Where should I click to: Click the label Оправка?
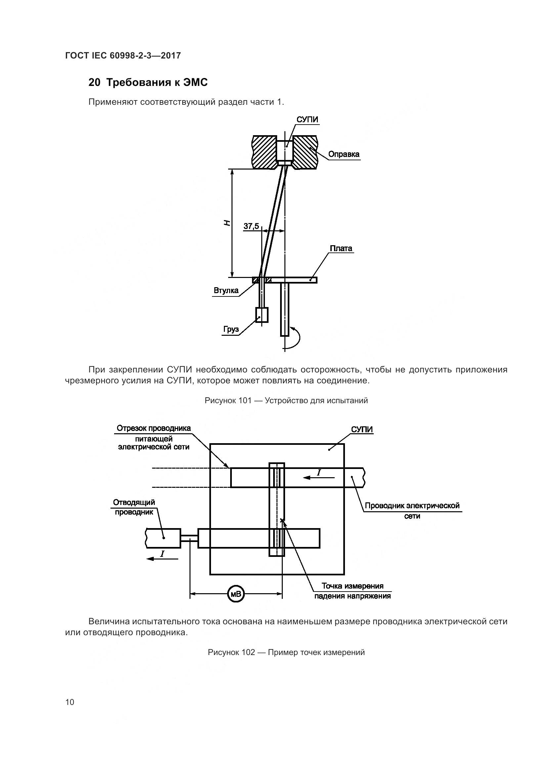coord(344,154)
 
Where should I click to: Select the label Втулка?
coord(226,290)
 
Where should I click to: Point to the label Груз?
coord(231,329)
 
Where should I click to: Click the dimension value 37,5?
coord(251,226)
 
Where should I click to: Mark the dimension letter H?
coord(227,222)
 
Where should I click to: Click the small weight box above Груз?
coord(262,315)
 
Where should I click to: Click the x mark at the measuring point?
coord(282,521)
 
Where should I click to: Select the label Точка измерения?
coord(352,586)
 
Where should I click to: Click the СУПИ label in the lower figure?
coord(362,429)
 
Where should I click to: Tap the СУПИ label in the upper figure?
coord(307,120)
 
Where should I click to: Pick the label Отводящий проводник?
coord(134,507)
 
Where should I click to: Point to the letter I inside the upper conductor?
coord(318,473)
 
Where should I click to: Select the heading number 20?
coord(94,82)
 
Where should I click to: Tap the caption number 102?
coord(248,652)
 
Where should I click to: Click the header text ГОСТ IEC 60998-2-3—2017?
coord(123,56)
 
